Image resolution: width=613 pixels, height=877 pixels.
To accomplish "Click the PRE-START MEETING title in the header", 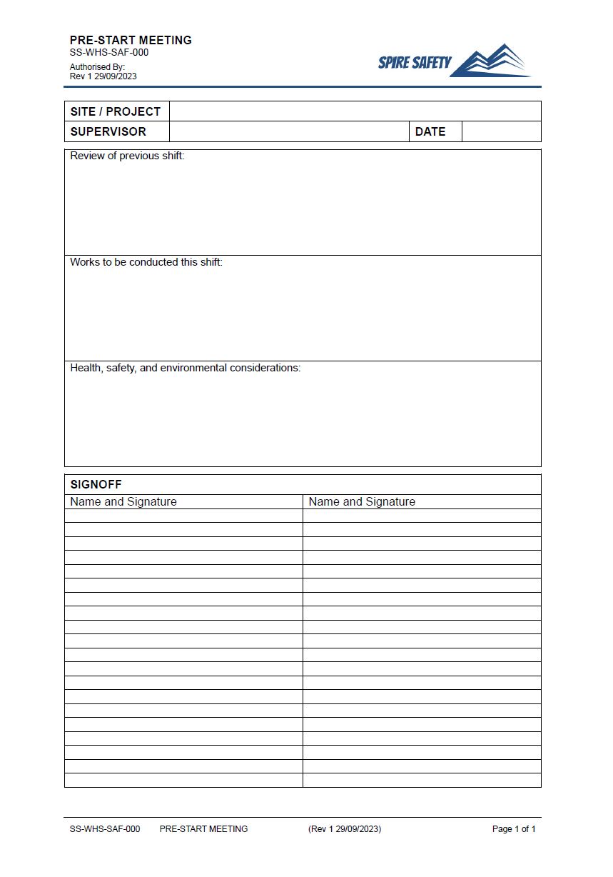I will coord(131,40).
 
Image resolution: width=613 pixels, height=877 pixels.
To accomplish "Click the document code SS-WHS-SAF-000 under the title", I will coord(109,52).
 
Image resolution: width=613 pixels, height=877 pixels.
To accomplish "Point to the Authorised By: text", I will coord(97,67).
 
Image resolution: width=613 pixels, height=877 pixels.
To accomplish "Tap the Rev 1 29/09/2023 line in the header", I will coord(103,76).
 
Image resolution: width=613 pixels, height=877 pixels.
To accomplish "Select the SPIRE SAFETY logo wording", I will coord(415,63).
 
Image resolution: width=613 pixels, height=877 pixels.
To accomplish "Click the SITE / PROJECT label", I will coord(116,111).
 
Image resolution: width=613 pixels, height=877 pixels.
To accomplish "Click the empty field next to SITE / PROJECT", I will coord(355,111).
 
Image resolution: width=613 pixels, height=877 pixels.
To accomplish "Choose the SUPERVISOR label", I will coord(108,131).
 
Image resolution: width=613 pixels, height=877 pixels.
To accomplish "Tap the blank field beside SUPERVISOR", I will coord(289,131).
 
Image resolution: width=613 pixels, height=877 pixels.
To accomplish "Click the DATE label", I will coord(430,131).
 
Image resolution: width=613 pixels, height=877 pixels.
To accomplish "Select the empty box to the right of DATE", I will coord(501,131).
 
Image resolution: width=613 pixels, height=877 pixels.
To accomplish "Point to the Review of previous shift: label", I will coord(127,156).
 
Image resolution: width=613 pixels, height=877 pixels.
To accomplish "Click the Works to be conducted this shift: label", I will coord(146,262).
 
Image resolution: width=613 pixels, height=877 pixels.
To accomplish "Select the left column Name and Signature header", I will coord(123,501).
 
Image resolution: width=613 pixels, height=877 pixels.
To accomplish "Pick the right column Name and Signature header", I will coord(362,501).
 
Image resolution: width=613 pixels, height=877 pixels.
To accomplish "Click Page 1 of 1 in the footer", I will coord(514,829).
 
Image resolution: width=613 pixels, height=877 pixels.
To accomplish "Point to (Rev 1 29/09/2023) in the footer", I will coord(345,829).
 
